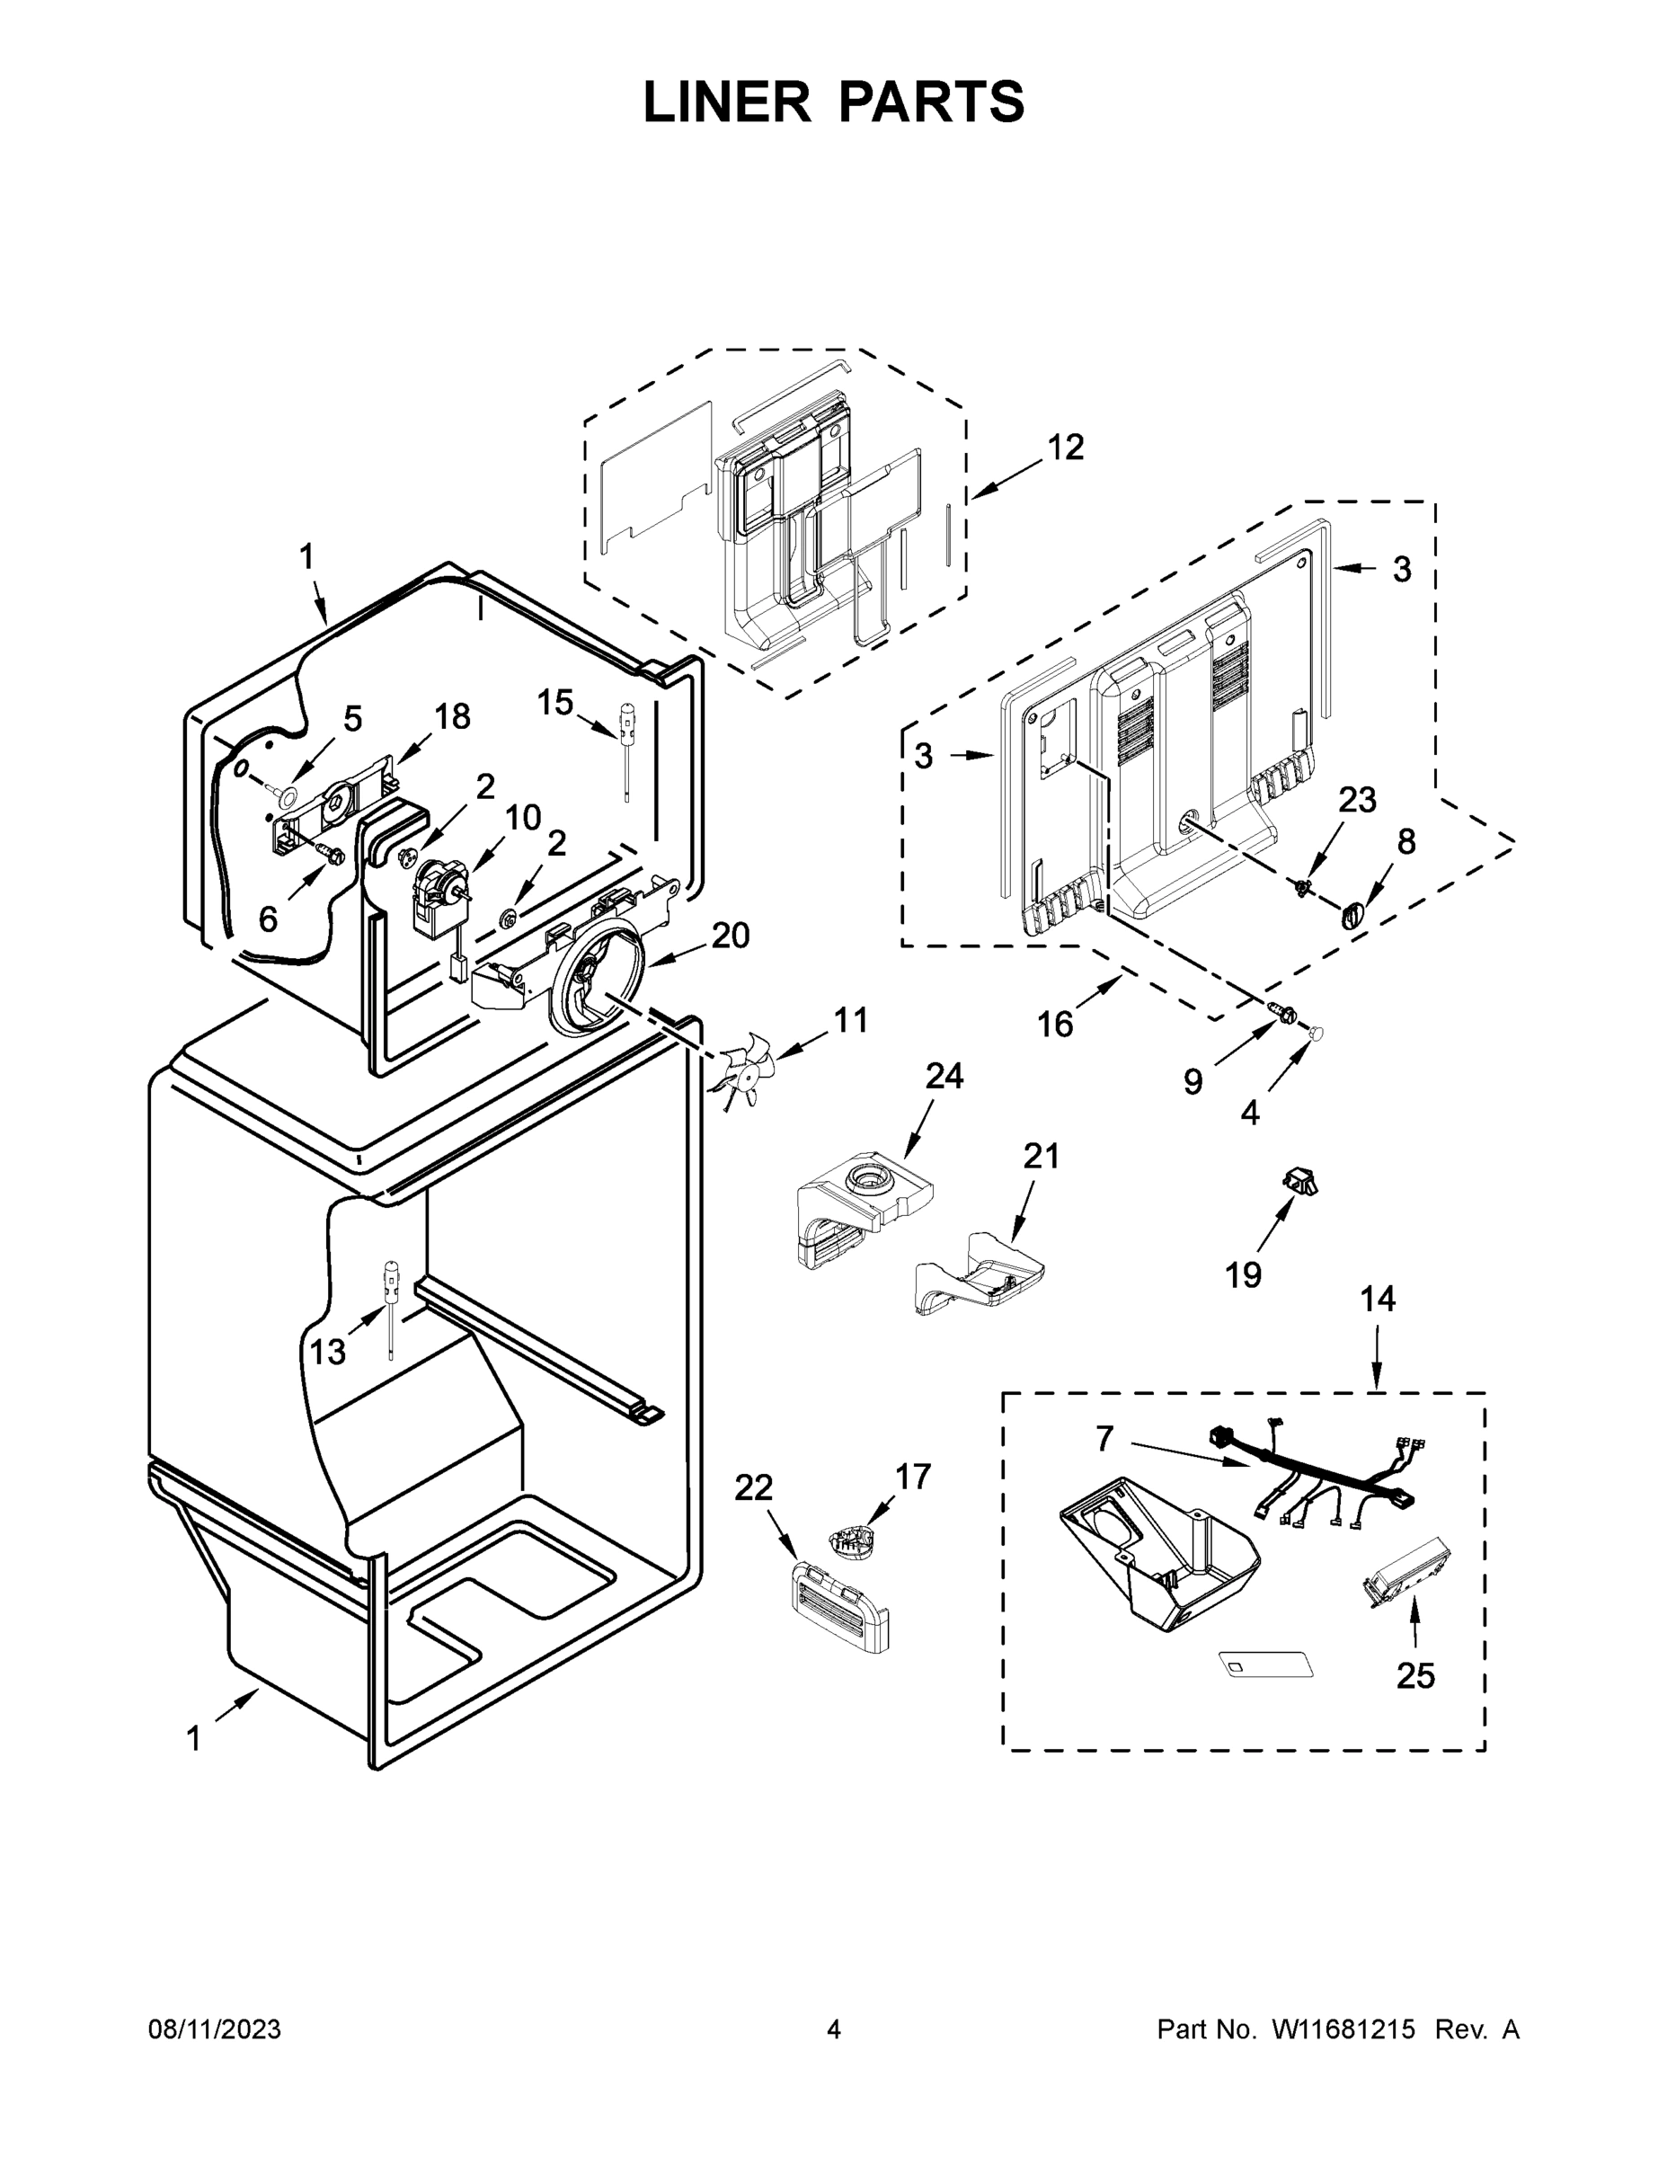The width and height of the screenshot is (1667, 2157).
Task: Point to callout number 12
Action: tap(1065, 448)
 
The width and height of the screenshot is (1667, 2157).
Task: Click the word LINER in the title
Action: tap(726, 102)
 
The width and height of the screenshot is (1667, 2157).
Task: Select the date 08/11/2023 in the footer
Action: tap(214, 2029)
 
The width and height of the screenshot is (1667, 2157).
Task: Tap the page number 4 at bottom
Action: tap(834, 2029)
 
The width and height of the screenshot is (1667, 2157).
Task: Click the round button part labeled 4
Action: tap(1316, 1033)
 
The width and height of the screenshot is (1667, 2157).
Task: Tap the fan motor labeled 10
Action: tap(440, 896)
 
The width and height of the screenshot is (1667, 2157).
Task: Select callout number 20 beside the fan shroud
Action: tap(730, 936)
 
